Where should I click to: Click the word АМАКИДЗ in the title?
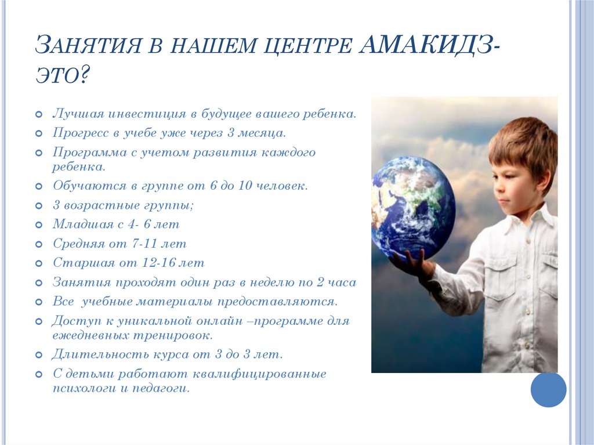[427, 45]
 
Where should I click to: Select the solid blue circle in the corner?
[548, 389]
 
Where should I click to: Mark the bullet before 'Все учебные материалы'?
[38, 302]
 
